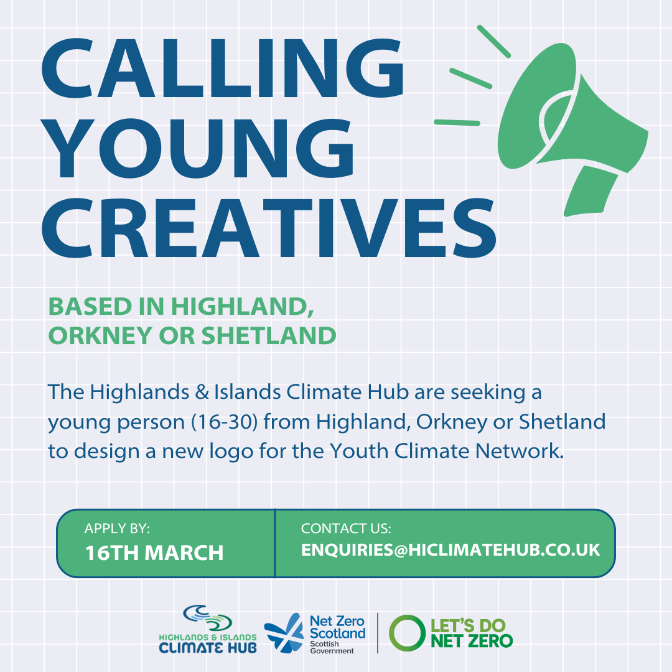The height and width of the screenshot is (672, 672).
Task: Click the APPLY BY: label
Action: (x=117, y=529)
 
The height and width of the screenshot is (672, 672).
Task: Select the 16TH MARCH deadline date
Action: (x=154, y=553)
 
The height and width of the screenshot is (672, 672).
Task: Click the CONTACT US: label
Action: (x=346, y=529)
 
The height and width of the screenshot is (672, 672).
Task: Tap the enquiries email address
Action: (x=450, y=550)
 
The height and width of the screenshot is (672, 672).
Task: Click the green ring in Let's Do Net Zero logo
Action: (x=406, y=633)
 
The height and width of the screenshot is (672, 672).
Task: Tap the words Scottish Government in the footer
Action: (x=332, y=646)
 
